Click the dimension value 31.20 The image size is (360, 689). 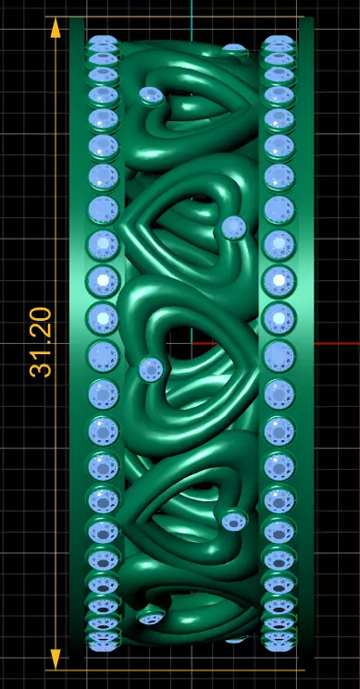(x=41, y=342)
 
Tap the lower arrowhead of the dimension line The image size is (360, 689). (x=56, y=658)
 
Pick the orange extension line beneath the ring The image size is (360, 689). (x=185, y=669)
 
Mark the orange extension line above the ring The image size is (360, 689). (x=185, y=16)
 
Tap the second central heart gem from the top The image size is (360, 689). (x=150, y=94)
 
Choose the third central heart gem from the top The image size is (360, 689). (x=234, y=227)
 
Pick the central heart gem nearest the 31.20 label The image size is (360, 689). (x=150, y=370)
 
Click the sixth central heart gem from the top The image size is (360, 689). (x=150, y=617)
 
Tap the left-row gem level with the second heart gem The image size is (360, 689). (x=103, y=95)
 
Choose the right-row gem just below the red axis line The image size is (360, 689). (x=278, y=355)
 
